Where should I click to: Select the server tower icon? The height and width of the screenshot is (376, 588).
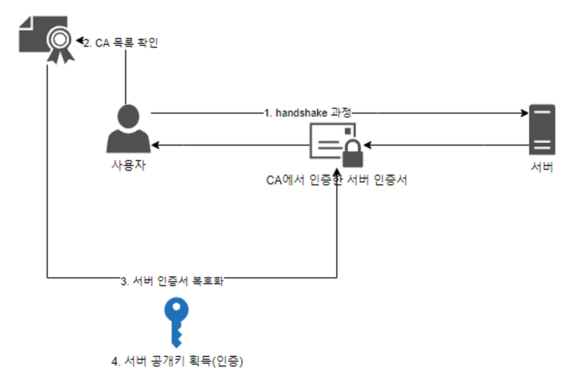click(542, 130)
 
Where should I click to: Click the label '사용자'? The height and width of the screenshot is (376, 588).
click(128, 165)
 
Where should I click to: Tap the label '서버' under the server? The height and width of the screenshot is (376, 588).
click(542, 168)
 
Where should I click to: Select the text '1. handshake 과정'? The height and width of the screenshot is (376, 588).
click(308, 113)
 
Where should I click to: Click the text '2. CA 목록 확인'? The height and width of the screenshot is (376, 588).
click(120, 43)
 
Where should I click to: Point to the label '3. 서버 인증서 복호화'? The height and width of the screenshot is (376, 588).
click(172, 281)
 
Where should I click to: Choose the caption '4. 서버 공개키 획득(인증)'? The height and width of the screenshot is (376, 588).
click(177, 361)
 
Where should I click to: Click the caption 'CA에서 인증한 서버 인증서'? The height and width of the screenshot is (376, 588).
click(336, 180)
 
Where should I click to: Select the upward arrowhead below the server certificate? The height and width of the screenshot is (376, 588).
click(337, 172)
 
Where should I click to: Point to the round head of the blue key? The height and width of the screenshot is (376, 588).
click(176, 310)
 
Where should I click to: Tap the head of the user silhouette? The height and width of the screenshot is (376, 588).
click(128, 115)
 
